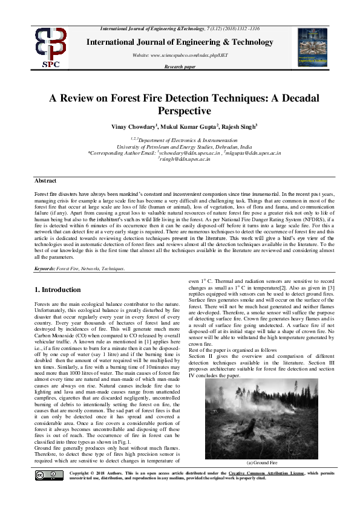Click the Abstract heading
(45, 181)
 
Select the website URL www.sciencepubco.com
(182, 55)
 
